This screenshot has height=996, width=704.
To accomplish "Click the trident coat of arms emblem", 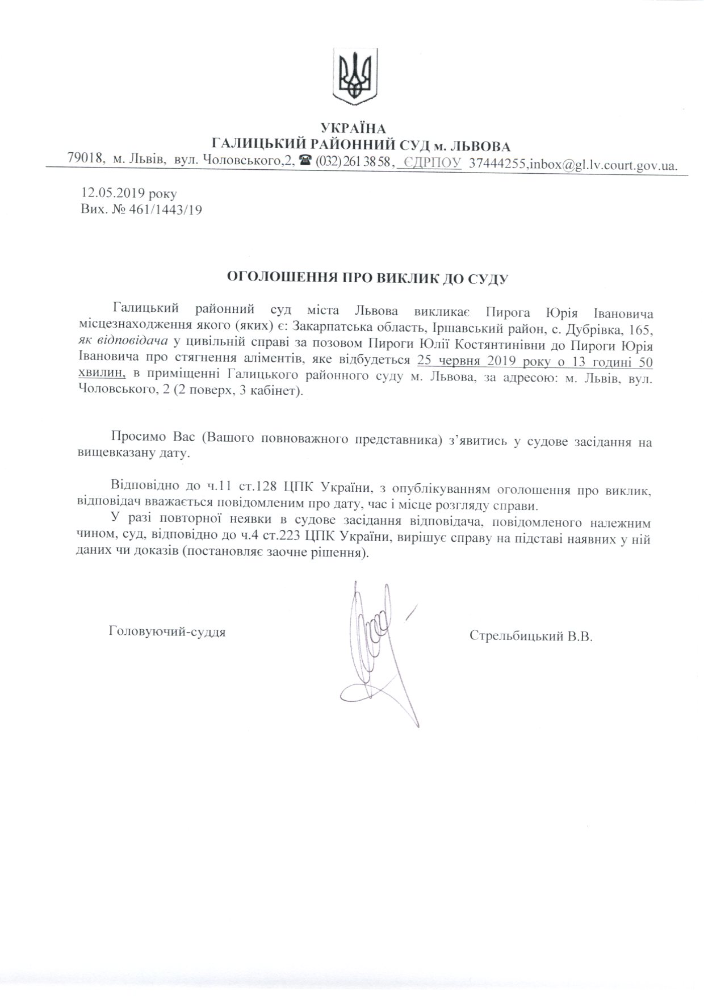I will point(354,76).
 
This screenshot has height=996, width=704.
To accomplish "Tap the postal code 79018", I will point(85,160).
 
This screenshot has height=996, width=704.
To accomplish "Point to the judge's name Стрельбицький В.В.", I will point(531,636).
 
